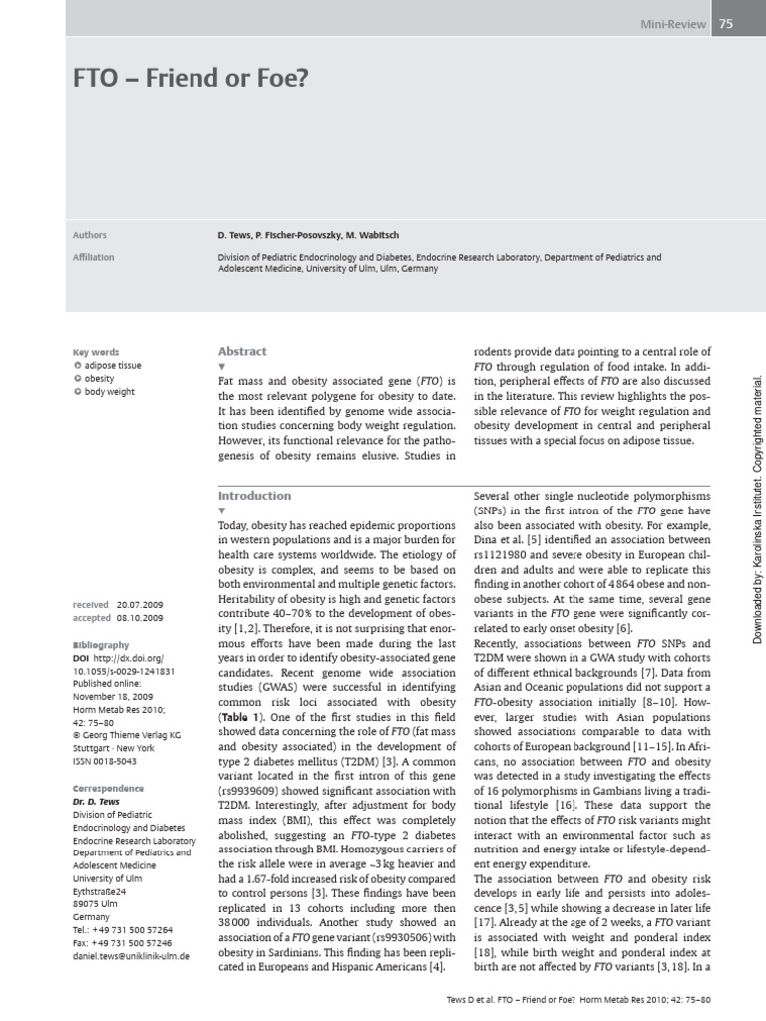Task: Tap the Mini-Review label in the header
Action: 673,25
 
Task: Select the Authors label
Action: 90,235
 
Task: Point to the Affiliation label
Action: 94,257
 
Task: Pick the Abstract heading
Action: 242,351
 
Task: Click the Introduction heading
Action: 254,495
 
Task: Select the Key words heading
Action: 96,352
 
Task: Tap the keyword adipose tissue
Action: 113,366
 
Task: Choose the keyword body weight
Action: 110,392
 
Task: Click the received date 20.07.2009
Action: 140,605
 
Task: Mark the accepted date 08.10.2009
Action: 140,618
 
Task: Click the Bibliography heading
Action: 101,645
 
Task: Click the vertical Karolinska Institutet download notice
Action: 756,509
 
